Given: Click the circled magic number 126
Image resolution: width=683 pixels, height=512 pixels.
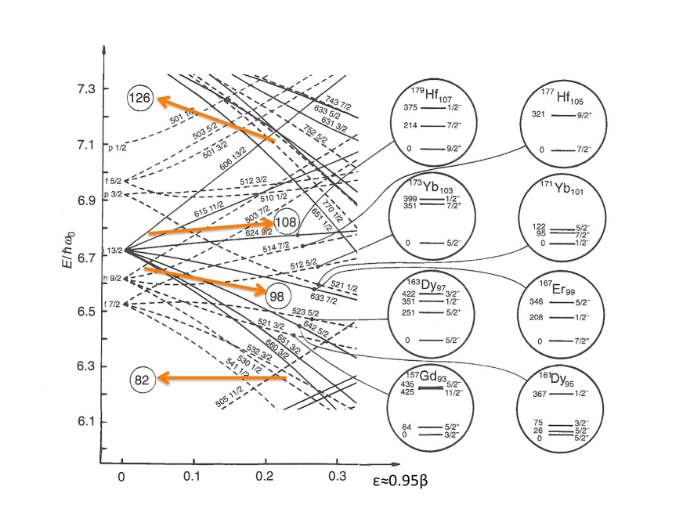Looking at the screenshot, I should coord(143,99).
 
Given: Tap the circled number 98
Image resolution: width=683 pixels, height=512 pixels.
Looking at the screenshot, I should coord(277,296).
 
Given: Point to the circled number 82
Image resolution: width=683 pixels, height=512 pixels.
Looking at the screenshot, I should coord(142,380).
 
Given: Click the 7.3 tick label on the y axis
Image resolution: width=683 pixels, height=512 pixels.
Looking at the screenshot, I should coord(76,88).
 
